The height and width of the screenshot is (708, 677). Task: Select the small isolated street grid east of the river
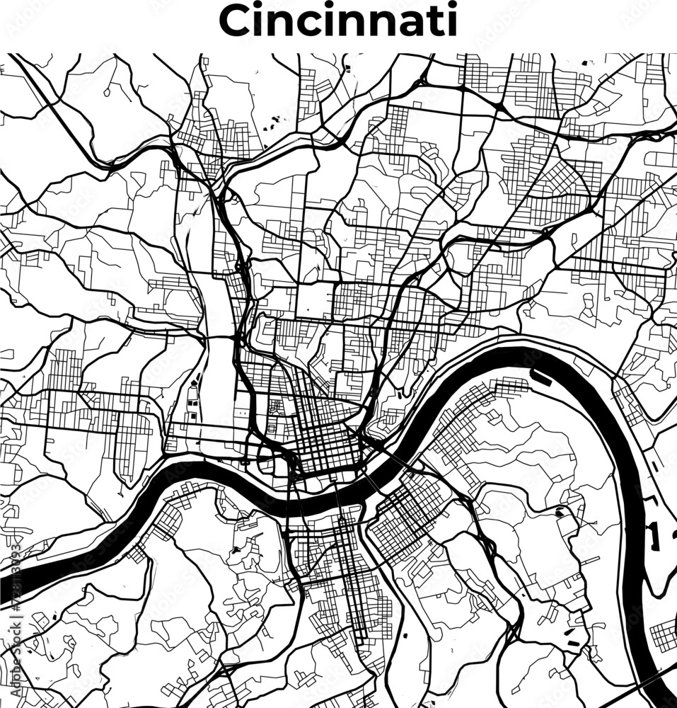664,636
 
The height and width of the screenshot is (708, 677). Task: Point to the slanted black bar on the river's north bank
543,377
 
